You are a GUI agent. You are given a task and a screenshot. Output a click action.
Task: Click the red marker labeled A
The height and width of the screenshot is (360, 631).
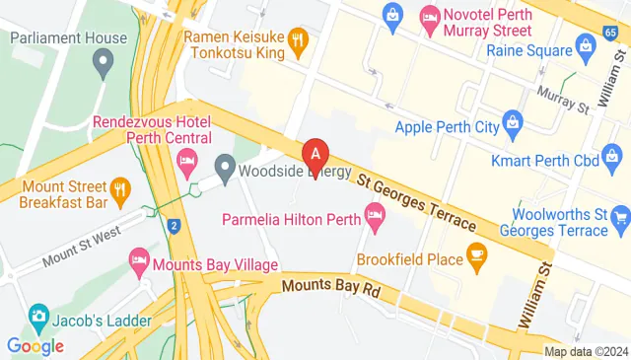(315, 154)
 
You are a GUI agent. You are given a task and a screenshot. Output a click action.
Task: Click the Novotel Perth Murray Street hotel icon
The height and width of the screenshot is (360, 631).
(430, 16)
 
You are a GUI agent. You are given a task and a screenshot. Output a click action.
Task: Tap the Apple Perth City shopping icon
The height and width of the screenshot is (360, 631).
(512, 125)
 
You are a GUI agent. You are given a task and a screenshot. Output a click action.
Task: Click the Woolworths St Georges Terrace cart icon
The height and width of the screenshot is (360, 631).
(620, 216)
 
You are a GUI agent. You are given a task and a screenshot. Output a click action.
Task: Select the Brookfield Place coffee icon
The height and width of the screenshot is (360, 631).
(477, 259)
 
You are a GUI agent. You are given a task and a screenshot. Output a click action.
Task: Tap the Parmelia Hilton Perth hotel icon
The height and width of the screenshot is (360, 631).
(375, 214)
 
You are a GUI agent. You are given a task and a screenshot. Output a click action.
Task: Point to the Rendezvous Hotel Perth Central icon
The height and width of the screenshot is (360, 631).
(184, 160)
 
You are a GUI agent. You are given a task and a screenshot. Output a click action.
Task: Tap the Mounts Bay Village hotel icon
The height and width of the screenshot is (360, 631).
(140, 262)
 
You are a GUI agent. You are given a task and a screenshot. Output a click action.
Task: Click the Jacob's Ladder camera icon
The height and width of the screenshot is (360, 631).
(40, 317)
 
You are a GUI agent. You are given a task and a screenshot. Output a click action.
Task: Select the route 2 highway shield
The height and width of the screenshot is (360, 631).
(174, 226)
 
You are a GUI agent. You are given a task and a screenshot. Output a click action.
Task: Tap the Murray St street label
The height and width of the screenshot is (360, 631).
(562, 96)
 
